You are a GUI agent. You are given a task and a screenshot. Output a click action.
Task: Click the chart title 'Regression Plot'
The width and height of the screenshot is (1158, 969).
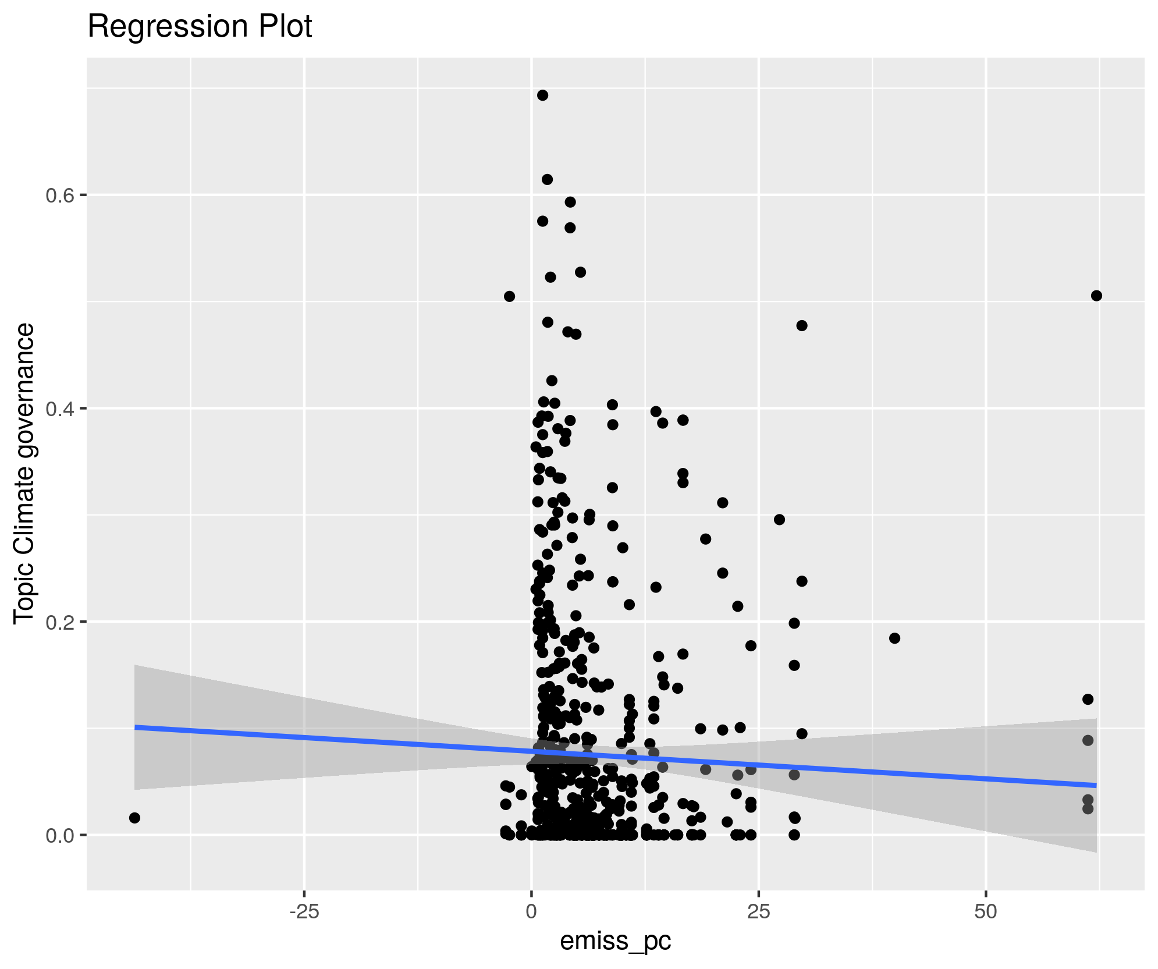point(200,27)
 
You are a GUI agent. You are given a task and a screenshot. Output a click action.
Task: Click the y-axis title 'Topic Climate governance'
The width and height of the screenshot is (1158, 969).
point(24,474)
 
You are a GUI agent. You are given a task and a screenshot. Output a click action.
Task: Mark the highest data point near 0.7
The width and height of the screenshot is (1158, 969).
point(542,95)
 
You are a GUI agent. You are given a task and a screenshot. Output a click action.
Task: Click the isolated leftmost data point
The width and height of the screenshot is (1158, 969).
point(134,818)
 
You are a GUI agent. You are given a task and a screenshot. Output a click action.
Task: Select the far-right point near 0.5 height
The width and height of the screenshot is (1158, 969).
point(1096,296)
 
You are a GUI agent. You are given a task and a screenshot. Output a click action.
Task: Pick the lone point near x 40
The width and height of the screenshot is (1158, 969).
point(894,638)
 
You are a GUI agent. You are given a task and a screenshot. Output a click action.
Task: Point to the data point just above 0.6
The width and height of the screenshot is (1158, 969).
point(547,179)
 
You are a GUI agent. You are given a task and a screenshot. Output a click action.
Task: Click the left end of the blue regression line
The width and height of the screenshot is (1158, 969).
point(136,727)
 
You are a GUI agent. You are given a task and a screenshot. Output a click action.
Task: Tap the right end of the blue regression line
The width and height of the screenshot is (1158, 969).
point(1096,785)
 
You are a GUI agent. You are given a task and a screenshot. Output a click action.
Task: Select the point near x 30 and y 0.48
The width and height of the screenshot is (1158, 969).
point(801,325)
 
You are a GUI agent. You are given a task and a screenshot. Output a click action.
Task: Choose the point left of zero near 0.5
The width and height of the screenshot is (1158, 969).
point(509,296)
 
